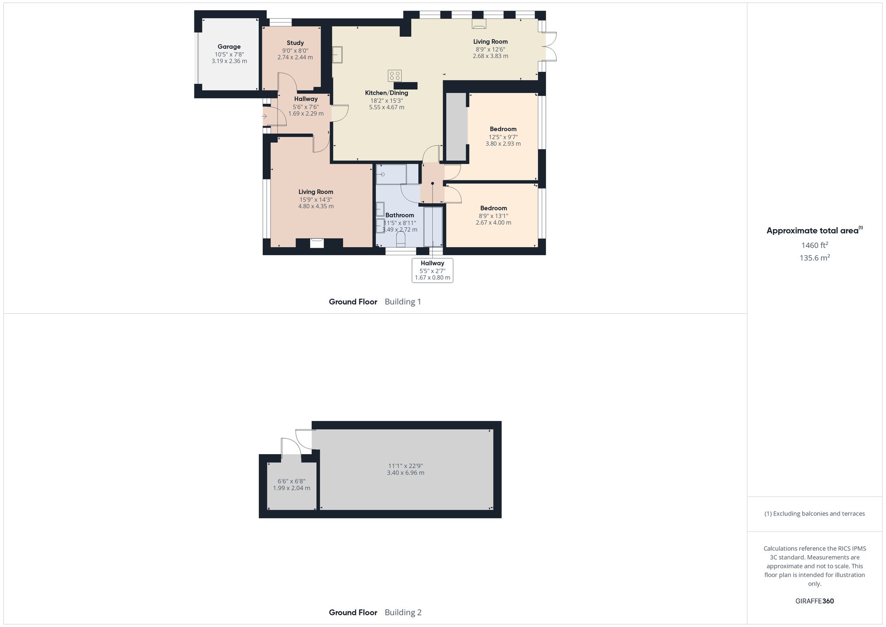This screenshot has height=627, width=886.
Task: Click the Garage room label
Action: click(x=229, y=47)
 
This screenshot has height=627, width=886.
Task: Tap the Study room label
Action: click(x=295, y=43)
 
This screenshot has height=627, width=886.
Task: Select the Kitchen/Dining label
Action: click(x=386, y=93)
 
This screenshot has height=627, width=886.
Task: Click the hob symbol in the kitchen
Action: click(x=395, y=76)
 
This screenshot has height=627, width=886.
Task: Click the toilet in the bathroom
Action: click(x=400, y=240)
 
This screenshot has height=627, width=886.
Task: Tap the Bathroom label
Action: click(x=400, y=215)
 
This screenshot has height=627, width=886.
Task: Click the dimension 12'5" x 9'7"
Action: click(x=503, y=137)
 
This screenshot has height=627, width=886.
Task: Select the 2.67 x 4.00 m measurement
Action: click(x=494, y=223)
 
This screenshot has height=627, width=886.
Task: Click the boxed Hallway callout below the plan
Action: click(x=432, y=270)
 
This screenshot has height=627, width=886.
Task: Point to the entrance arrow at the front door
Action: click(x=264, y=117)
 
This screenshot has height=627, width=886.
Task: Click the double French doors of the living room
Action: click(x=550, y=47)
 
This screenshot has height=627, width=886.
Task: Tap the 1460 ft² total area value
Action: click(x=814, y=245)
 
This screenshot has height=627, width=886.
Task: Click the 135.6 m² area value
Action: click(x=814, y=258)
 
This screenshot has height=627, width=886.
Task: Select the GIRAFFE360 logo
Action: click(x=814, y=601)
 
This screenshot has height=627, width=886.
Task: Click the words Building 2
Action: click(x=403, y=612)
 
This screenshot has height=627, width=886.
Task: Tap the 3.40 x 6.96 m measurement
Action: click(x=405, y=473)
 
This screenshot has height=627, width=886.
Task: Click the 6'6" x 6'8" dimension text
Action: click(x=291, y=481)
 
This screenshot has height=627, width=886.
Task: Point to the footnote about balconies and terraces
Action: click(x=814, y=514)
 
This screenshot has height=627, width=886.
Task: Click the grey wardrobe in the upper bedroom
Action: click(x=456, y=126)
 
